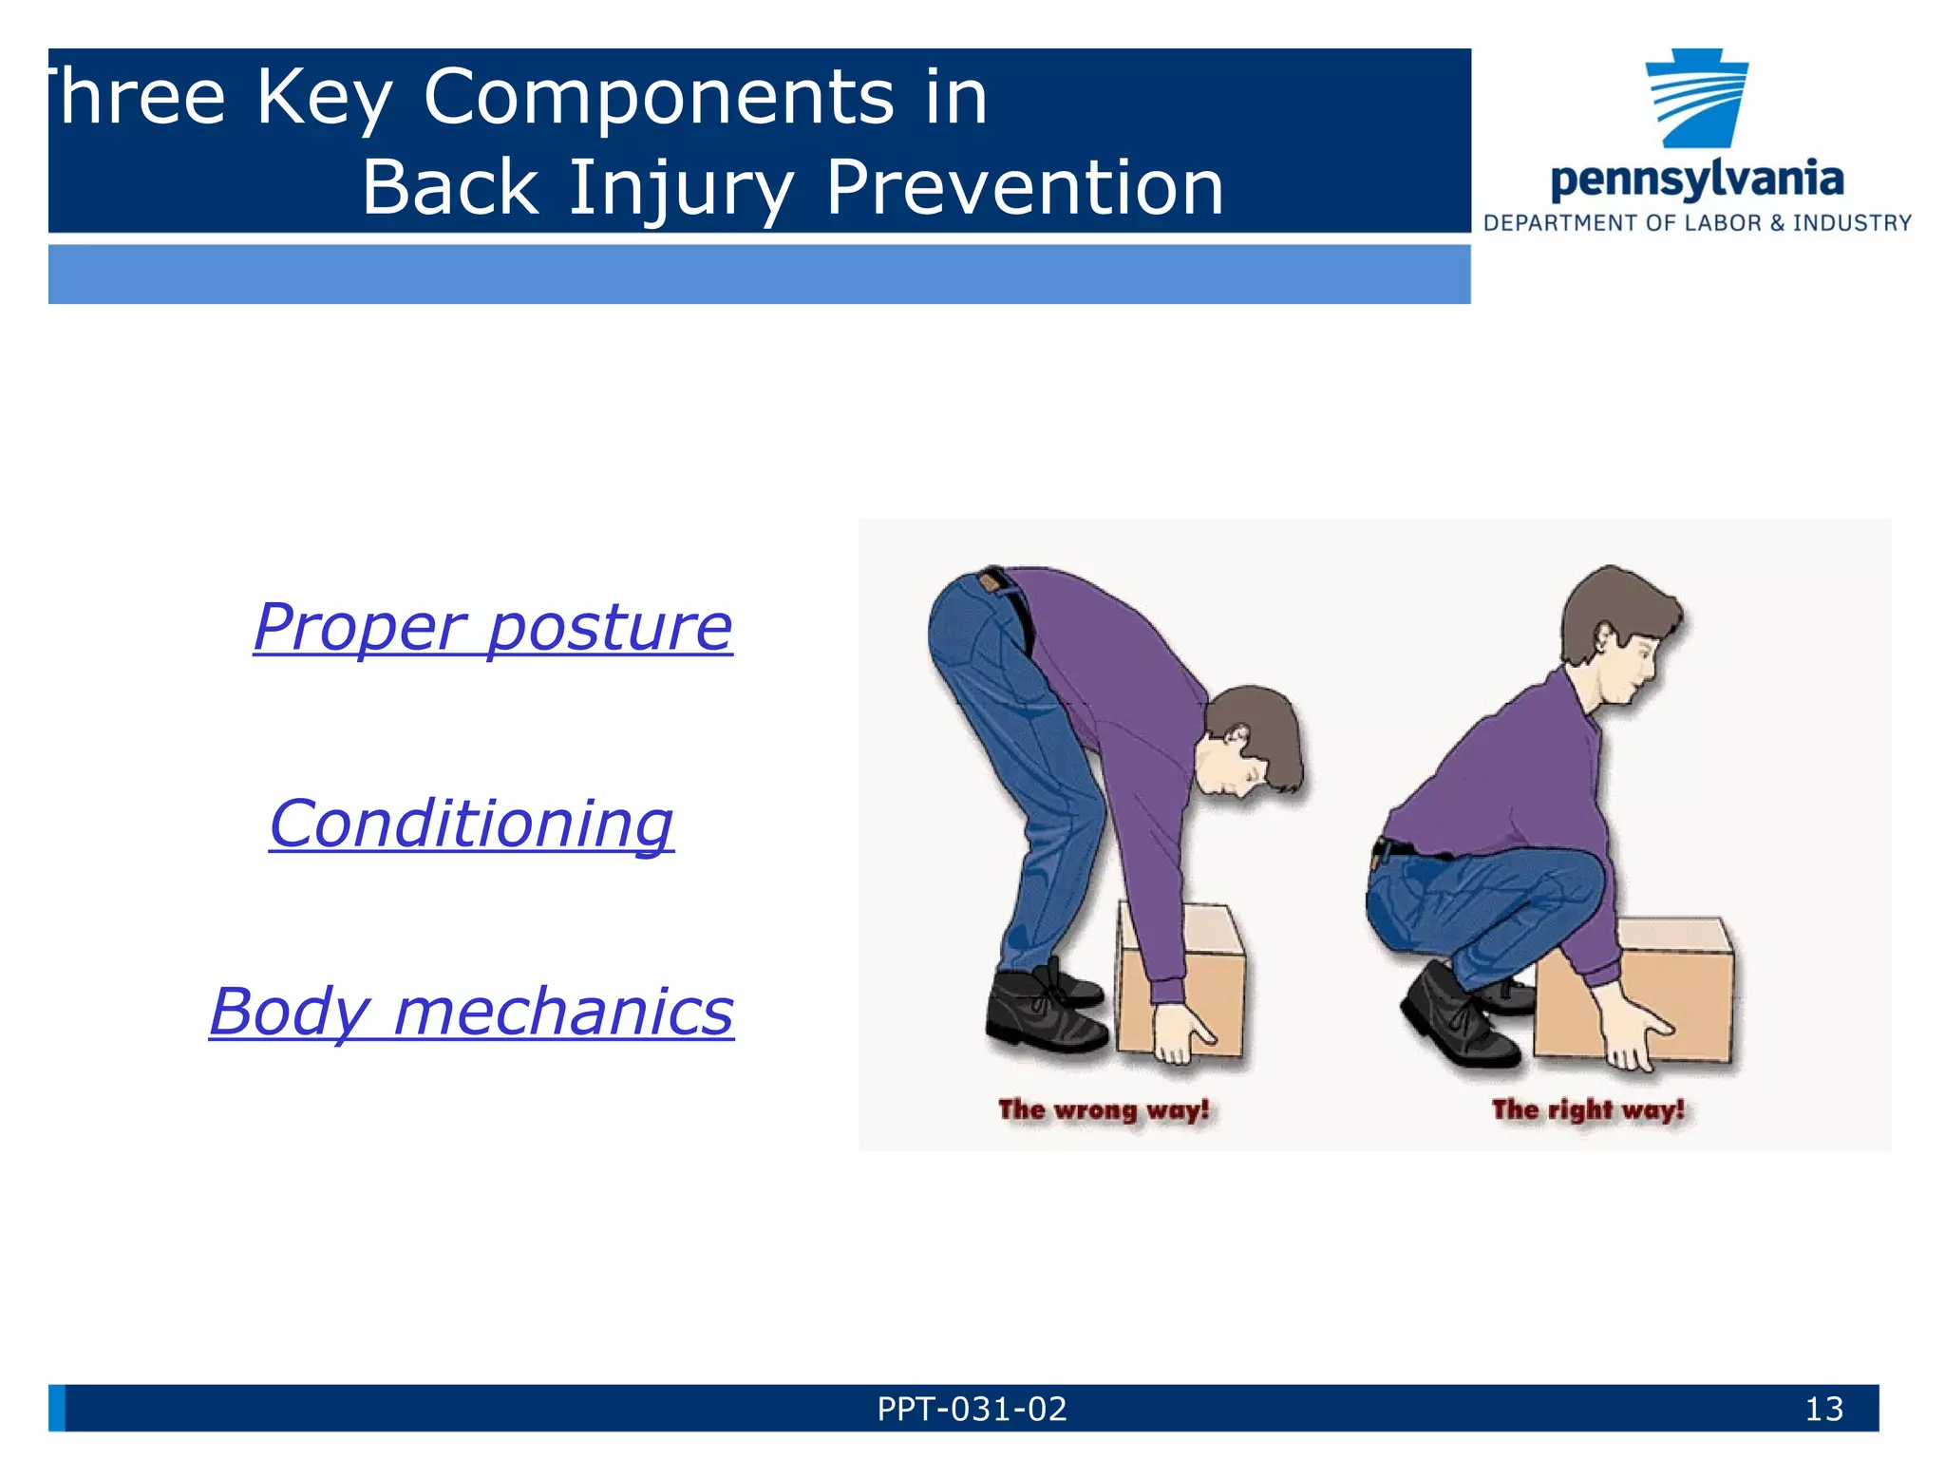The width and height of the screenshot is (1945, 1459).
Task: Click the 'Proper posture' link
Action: tap(493, 628)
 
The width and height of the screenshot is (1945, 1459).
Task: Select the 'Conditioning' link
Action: tap(471, 824)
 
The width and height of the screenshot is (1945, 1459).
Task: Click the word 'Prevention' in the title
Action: tap(1024, 187)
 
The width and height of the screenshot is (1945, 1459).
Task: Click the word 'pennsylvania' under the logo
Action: tap(1696, 180)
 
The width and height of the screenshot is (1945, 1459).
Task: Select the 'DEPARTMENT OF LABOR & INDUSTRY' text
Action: tap(1697, 223)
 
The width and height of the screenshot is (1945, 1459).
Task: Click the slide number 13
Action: tap(1823, 1409)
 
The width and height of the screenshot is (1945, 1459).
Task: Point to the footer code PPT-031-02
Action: tap(972, 1409)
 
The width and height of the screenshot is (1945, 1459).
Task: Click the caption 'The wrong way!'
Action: tap(1104, 1109)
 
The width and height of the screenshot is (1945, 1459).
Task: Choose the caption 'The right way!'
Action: tap(1587, 1109)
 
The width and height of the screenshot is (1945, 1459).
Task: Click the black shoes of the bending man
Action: tap(1045, 1012)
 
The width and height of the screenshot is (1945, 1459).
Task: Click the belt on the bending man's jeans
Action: tap(1016, 608)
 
